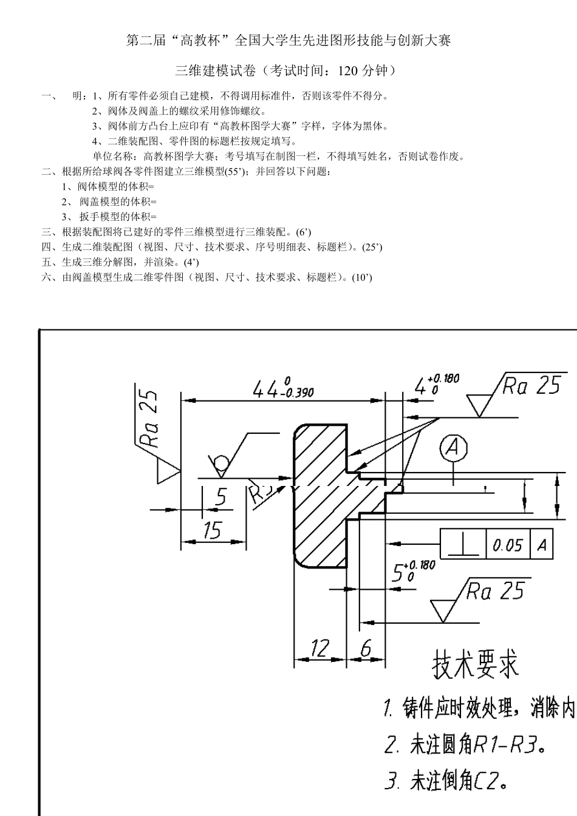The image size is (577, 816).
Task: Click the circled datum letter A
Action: tap(453, 448)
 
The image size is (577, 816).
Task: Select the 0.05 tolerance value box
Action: tap(507, 544)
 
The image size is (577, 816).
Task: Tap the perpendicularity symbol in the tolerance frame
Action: tap(462, 544)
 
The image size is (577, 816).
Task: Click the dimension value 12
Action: tap(319, 649)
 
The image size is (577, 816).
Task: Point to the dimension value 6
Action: tap(366, 649)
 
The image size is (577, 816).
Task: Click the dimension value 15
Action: tap(212, 530)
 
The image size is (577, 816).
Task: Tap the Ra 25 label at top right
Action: tap(531, 385)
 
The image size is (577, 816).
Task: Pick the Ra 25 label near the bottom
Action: tap(495, 590)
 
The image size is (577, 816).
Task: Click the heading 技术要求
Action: tap(476, 664)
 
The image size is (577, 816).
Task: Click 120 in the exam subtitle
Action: tap(348, 70)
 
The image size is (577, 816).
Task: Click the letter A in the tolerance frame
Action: tap(542, 544)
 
